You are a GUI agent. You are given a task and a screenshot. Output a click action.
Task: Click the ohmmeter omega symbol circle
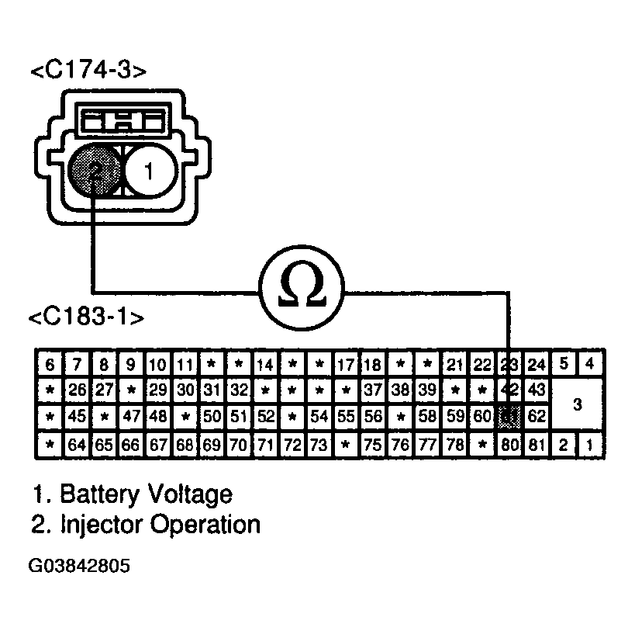point(301,293)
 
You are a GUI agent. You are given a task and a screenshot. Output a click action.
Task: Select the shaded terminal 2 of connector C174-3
point(93,169)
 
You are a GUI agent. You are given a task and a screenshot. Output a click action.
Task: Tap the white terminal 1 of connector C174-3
point(150,170)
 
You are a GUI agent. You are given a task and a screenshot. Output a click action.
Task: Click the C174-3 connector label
point(88,71)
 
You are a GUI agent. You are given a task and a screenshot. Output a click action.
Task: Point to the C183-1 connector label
point(85,318)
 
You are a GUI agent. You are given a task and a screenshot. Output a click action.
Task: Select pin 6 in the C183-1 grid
point(50,365)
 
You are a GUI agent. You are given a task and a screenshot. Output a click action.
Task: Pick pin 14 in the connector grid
point(265,365)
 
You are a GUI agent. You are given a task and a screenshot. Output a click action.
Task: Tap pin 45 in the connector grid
point(76,417)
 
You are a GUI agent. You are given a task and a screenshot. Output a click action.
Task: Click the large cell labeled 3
point(577,404)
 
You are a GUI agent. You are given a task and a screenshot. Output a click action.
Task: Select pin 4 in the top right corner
point(591,363)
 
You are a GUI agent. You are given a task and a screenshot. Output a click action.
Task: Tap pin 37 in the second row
point(373,390)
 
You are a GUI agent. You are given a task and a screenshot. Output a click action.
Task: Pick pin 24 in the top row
point(537,365)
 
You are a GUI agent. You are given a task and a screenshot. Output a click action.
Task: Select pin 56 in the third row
point(373,417)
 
